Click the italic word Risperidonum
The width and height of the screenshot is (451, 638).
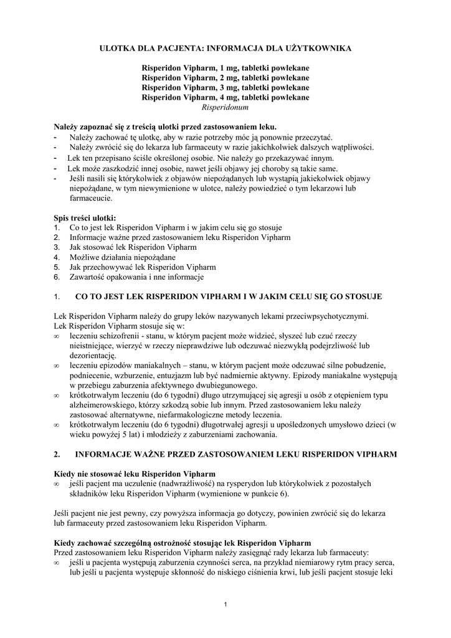225,107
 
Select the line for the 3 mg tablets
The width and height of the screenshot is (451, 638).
225,87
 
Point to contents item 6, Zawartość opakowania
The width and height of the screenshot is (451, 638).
136,277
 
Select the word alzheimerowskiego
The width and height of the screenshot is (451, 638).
102,405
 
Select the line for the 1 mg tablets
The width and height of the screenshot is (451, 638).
225,67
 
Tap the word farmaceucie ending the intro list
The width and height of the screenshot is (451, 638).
91,198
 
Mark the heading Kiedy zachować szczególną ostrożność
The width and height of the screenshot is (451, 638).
183,542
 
